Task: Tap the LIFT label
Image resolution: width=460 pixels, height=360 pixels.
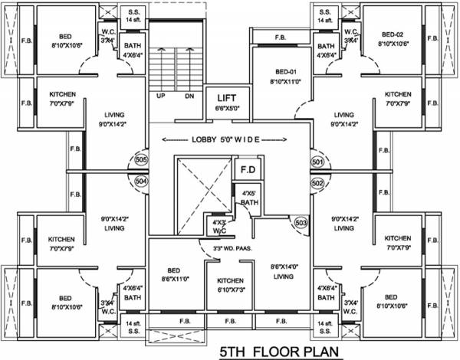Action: click(x=226, y=99)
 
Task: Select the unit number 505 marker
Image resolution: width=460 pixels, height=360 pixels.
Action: click(x=141, y=160)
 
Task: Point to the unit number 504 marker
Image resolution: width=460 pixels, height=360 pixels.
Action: click(x=141, y=181)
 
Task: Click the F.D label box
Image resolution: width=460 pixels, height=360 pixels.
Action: click(x=247, y=169)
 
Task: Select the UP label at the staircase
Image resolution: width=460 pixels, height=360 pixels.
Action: click(x=162, y=96)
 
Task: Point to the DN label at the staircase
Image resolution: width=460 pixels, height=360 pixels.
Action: click(x=189, y=96)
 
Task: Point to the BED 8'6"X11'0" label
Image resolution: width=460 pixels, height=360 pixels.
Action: click(x=176, y=273)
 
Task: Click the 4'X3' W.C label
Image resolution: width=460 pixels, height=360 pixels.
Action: click(x=219, y=227)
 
